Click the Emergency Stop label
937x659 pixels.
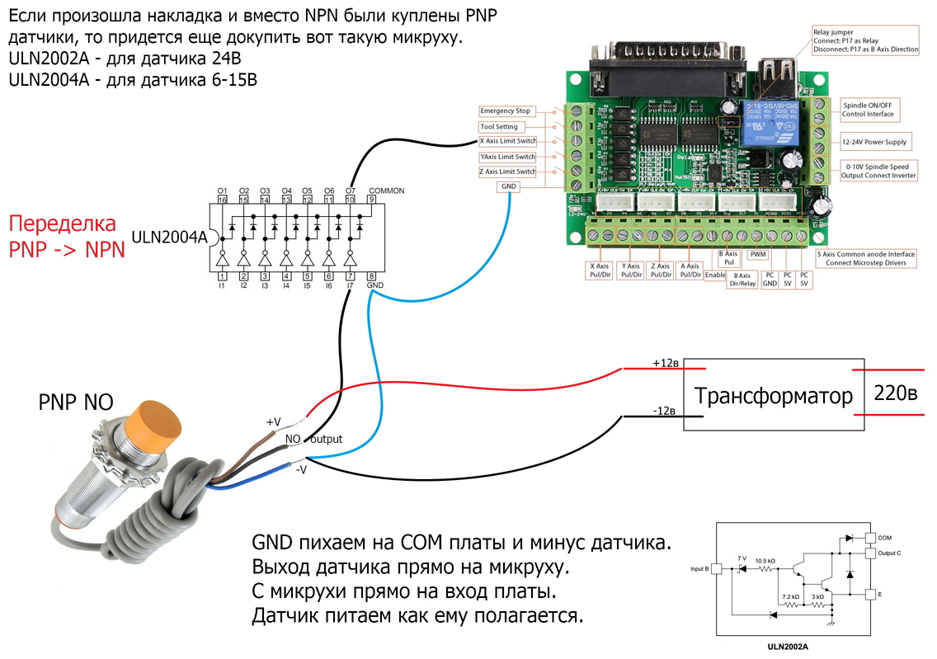[506, 111]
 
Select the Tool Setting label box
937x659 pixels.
[500, 127]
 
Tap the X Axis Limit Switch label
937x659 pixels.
[507, 141]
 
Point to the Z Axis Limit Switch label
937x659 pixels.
[507, 172]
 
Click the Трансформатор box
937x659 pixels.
[773, 395]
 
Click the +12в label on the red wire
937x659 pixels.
[666, 364]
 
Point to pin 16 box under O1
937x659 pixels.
[222, 200]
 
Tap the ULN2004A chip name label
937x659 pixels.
[176, 238]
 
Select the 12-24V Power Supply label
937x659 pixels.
[874, 142]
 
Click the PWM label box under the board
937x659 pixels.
[758, 255]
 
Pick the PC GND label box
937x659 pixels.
[770, 278]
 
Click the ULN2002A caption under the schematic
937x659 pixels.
[786, 647]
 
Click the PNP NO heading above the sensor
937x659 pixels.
[76, 402]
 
